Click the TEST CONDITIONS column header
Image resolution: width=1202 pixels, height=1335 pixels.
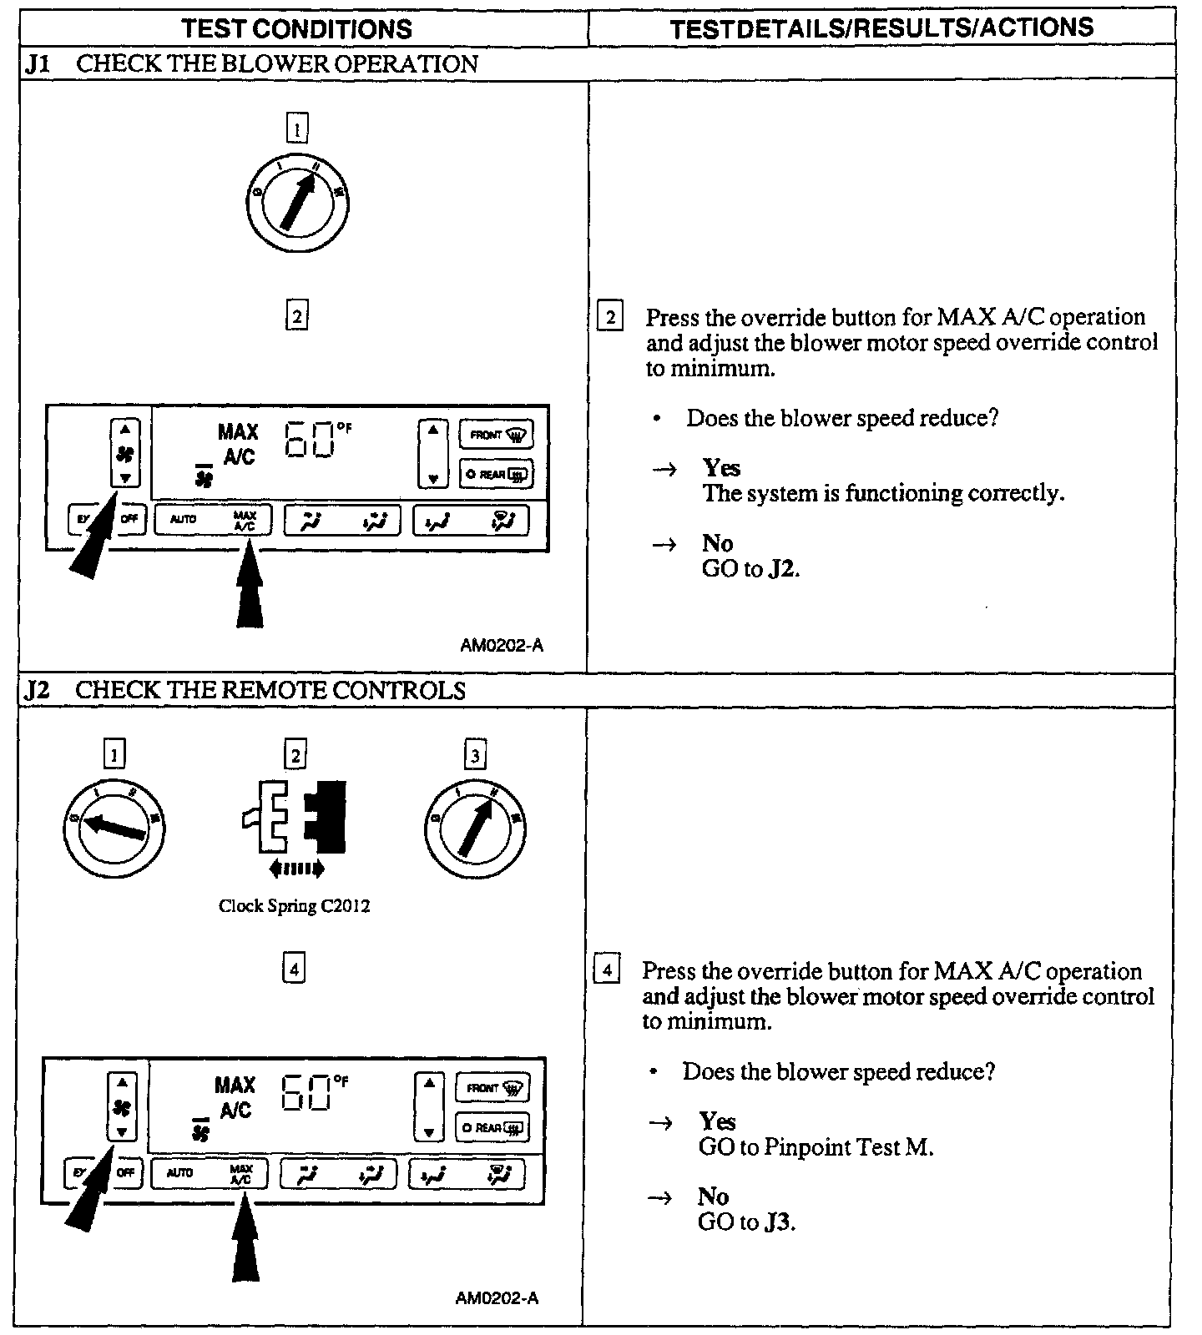tap(296, 29)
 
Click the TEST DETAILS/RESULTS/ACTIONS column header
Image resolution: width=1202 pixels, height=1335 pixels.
tap(881, 28)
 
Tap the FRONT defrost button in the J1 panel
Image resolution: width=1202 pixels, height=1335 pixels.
tap(497, 434)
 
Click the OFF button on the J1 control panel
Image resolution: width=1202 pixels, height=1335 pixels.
tap(129, 519)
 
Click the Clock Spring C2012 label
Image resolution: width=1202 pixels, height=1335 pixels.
tap(294, 905)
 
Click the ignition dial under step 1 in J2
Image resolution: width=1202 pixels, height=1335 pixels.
tap(114, 826)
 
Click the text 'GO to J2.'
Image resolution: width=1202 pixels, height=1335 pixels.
tap(750, 570)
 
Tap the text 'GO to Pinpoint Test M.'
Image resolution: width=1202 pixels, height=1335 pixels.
tap(816, 1147)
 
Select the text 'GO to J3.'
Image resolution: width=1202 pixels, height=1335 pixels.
tap(746, 1222)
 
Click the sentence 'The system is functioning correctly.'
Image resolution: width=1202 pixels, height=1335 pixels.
tap(883, 494)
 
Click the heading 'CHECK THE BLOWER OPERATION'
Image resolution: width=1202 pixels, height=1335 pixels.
tap(277, 64)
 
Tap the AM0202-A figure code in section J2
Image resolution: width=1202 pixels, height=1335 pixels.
tap(497, 1297)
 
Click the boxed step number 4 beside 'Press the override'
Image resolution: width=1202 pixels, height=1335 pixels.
tap(607, 970)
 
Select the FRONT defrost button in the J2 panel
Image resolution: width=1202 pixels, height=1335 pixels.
tap(492, 1088)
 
